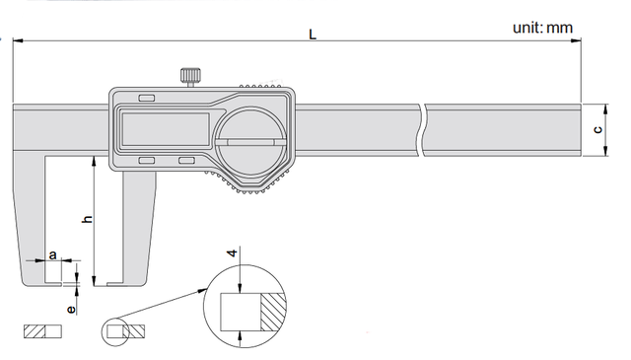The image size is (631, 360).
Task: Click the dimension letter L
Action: tap(313, 35)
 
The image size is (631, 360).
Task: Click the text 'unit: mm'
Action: tap(542, 28)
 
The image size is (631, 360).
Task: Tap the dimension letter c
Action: tap(598, 129)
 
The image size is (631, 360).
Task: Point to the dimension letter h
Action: tap(88, 219)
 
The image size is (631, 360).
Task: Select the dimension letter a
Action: tap(52, 254)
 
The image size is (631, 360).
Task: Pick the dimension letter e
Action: tap(71, 310)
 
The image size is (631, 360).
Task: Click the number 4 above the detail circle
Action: tap(233, 253)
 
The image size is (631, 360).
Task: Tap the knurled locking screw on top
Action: tap(190, 77)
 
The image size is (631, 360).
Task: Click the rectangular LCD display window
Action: tap(166, 129)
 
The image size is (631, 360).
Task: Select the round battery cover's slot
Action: tap(250, 142)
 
